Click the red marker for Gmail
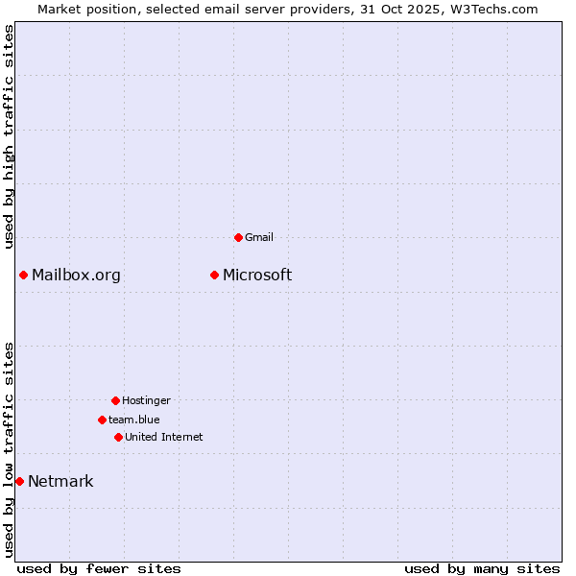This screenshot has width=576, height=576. pyautogui.click(x=238, y=237)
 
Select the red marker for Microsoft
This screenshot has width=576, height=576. pyautogui.click(x=215, y=276)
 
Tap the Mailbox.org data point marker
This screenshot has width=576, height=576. pyautogui.click(x=24, y=276)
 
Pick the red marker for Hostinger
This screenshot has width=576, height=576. pyautogui.click(x=115, y=400)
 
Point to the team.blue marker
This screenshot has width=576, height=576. pyautogui.click(x=102, y=420)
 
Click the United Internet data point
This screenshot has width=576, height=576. pyautogui.click(x=118, y=437)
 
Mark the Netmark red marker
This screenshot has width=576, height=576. pyautogui.click(x=19, y=481)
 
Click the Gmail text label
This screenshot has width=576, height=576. pyautogui.click(x=259, y=237)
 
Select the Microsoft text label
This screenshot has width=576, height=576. pyautogui.click(x=257, y=276)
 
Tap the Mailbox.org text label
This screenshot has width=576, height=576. pyautogui.click(x=76, y=276)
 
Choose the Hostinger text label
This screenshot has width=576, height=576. pyautogui.click(x=146, y=400)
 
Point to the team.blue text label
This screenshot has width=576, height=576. pyautogui.click(x=134, y=420)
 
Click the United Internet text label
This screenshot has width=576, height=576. pyautogui.click(x=164, y=437)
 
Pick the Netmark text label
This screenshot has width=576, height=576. pyautogui.click(x=60, y=482)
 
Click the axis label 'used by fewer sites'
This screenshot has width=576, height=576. pyautogui.click(x=99, y=568)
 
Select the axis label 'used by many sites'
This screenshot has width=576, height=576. pyautogui.click(x=482, y=568)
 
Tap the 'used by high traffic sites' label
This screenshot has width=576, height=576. pyautogui.click(x=9, y=136)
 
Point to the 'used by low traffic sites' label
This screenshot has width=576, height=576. pyautogui.click(x=9, y=449)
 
